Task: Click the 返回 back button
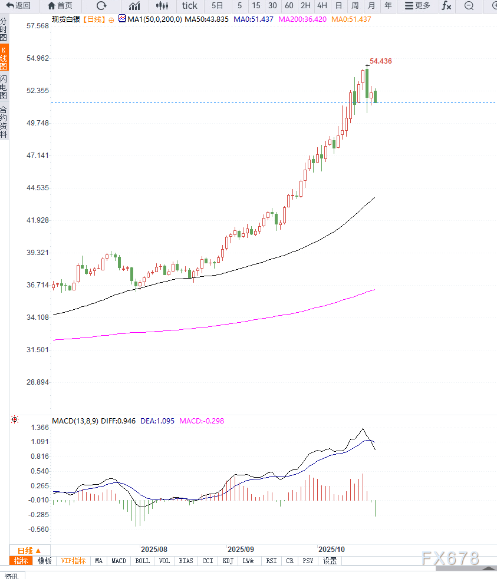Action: pyautogui.click(x=18, y=6)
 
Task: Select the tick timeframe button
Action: pyautogui.click(x=189, y=6)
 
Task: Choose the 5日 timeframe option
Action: pyautogui.click(x=217, y=6)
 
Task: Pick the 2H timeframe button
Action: pyautogui.click(x=305, y=6)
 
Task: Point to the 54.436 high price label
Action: pyautogui.click(x=380, y=61)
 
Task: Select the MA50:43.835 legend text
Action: pyautogui.click(x=206, y=19)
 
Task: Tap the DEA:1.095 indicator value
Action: pyautogui.click(x=157, y=421)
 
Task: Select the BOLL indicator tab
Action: pyautogui.click(x=143, y=561)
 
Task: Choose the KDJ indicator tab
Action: pyautogui.click(x=228, y=561)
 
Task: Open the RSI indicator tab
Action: pyautogui.click(x=271, y=561)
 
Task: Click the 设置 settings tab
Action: pyautogui.click(x=330, y=561)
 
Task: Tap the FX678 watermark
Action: pyautogui.click(x=450, y=559)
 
